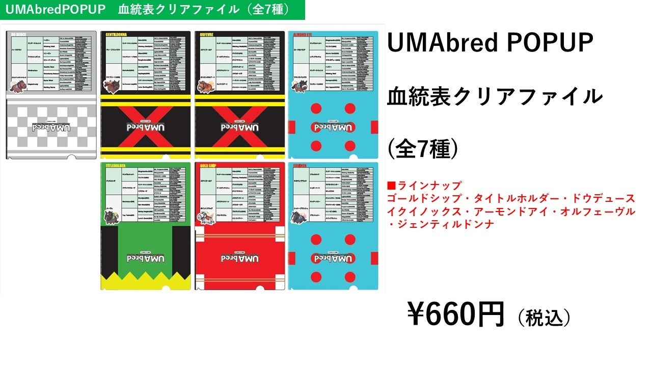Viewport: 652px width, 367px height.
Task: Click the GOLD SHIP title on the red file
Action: (x=207, y=165)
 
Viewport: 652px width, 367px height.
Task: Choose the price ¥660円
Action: (x=455, y=314)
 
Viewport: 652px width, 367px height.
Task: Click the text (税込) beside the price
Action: (x=544, y=318)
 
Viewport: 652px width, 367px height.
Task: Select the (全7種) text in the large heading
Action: (x=423, y=149)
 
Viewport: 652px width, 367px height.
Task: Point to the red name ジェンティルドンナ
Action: (x=445, y=224)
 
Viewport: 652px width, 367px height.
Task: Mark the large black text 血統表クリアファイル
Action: (x=495, y=96)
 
